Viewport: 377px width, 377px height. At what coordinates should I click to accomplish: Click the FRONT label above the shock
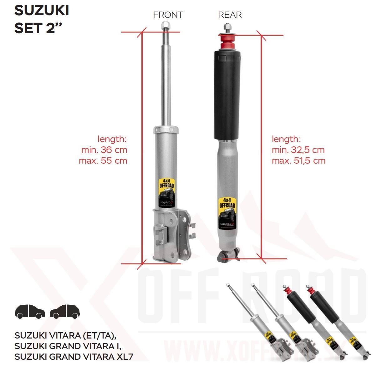(x=168, y=15)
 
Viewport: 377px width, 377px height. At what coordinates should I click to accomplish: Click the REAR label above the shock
(x=230, y=15)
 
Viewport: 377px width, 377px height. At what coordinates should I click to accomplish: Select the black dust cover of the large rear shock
(x=227, y=94)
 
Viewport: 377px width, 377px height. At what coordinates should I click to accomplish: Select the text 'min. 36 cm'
(x=104, y=150)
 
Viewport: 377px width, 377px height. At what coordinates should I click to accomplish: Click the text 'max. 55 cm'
(x=103, y=161)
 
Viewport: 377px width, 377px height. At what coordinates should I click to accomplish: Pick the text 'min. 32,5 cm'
(x=298, y=150)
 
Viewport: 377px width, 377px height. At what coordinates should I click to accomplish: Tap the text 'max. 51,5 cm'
(x=298, y=161)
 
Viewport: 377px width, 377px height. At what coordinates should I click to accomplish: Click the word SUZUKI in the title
(x=42, y=11)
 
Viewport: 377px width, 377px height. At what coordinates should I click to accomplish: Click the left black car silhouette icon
(x=30, y=311)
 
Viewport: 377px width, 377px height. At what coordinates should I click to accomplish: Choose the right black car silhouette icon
(x=65, y=311)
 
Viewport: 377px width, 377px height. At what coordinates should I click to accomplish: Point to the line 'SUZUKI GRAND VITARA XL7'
(x=74, y=356)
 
